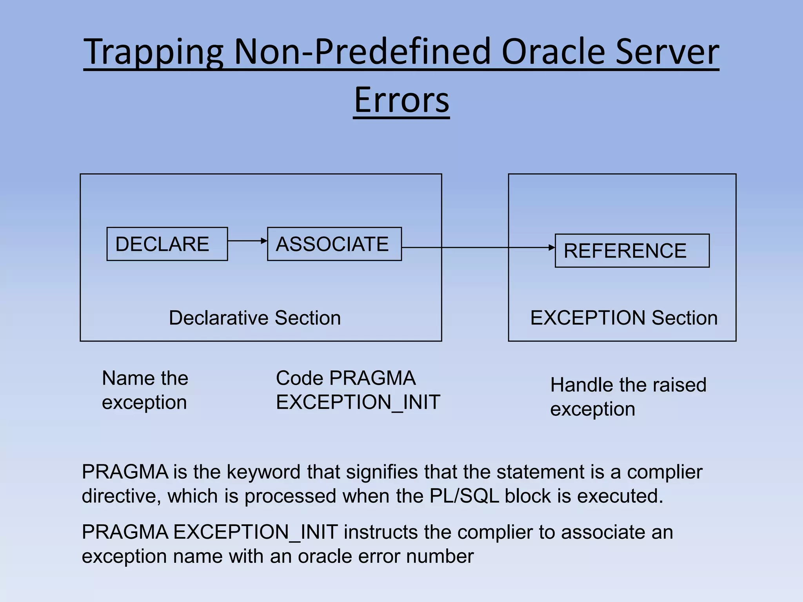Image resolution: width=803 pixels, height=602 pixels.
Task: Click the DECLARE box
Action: [167, 244]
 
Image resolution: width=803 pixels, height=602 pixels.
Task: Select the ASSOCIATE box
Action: [334, 244]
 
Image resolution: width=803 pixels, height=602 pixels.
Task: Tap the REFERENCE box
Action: [632, 250]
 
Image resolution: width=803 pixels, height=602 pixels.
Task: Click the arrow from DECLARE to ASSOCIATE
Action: [247, 241]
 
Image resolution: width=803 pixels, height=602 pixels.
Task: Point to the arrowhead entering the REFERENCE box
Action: [552, 248]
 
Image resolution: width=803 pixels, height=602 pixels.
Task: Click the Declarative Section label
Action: [255, 317]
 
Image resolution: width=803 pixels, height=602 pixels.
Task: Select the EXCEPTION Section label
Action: [624, 317]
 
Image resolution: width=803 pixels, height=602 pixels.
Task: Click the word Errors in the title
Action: [401, 100]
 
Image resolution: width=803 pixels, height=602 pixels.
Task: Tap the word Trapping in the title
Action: [154, 52]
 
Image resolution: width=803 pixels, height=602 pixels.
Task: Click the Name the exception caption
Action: [145, 390]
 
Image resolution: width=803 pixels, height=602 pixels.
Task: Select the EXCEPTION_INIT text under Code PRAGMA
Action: [358, 402]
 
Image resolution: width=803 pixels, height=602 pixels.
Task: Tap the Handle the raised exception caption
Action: [628, 397]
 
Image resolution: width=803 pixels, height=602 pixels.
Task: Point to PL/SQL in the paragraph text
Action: [464, 496]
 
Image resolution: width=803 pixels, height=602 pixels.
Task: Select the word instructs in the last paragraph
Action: [380, 532]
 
